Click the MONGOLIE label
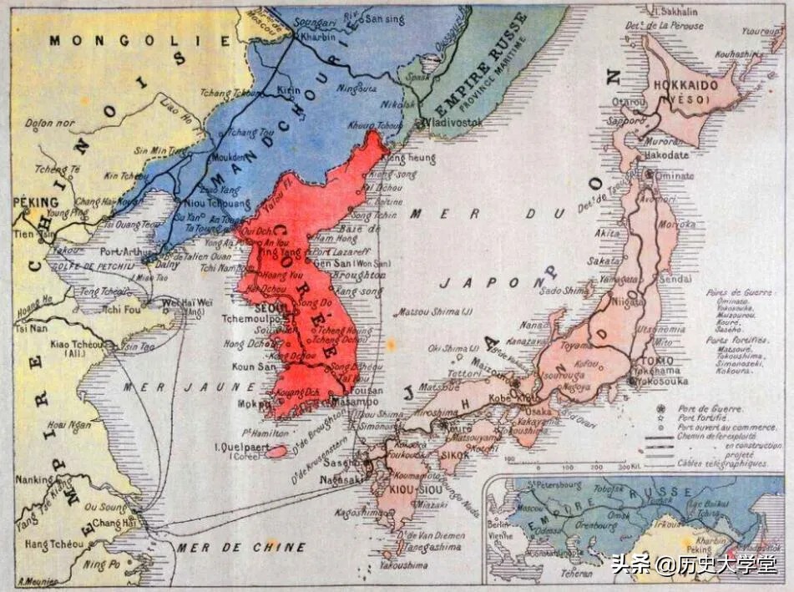pyautogui.click(x=97, y=39)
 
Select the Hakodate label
pyautogui.click(x=665, y=154)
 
